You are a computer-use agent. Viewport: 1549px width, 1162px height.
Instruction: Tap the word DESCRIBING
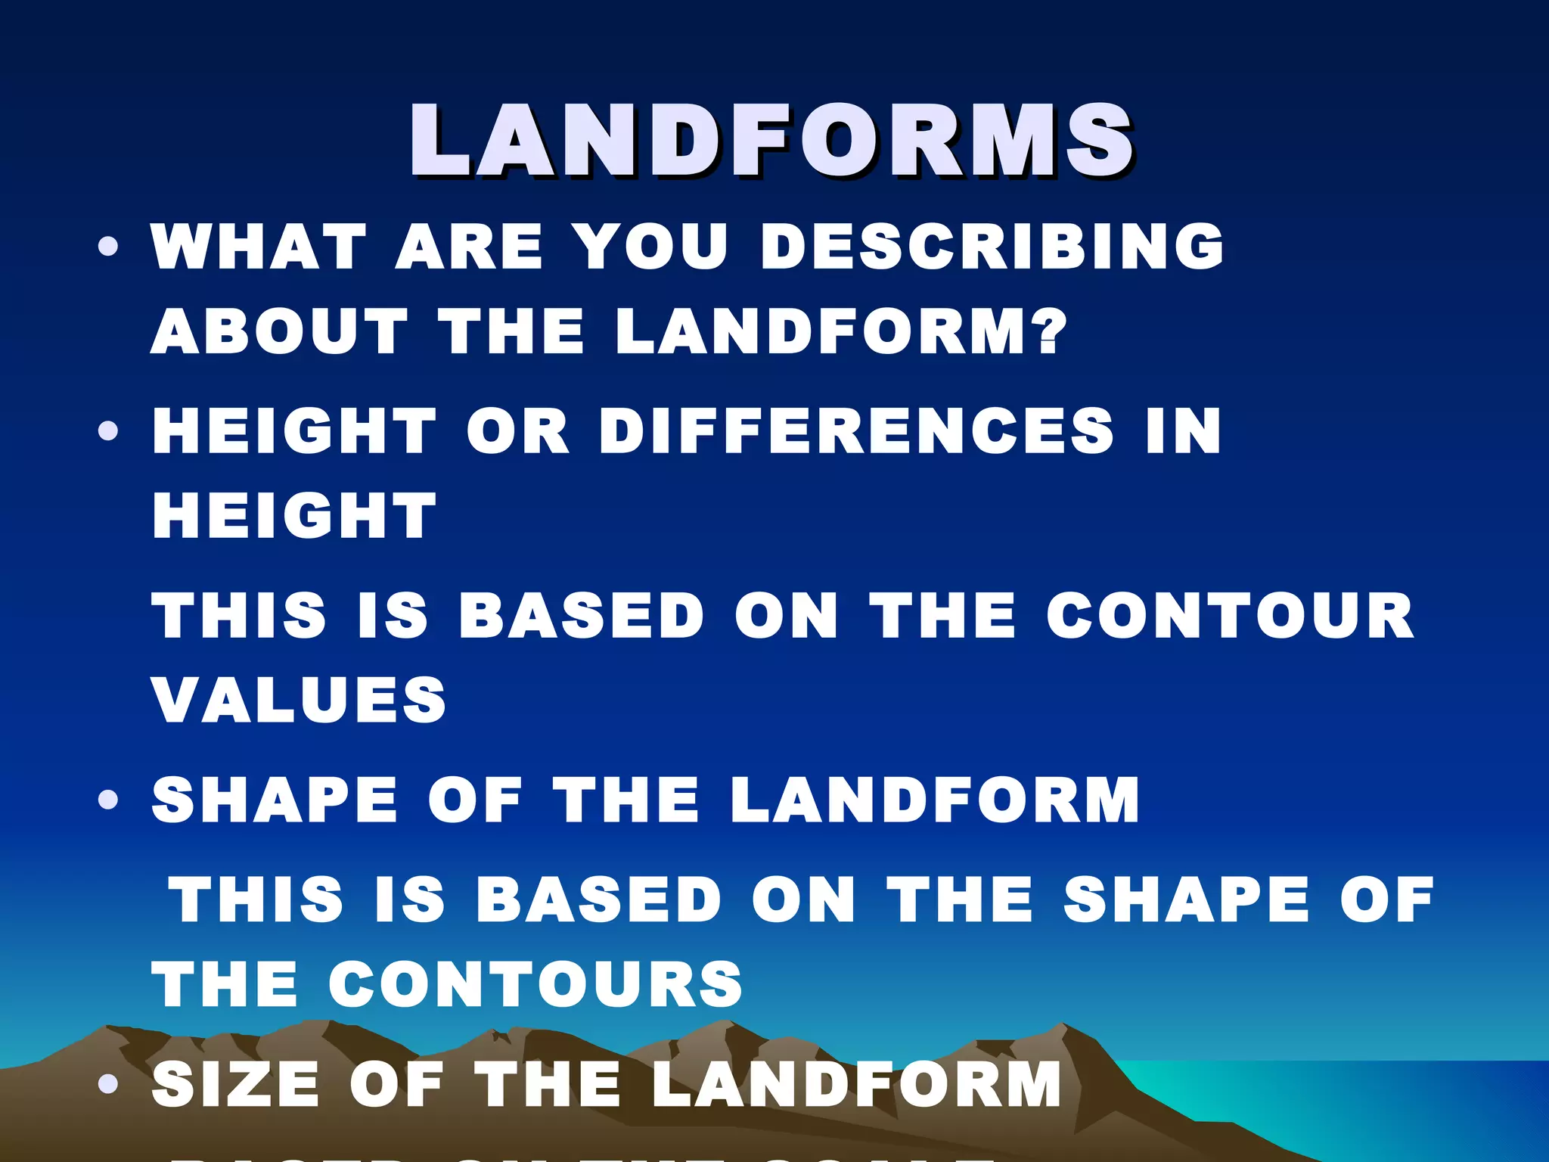pyautogui.click(x=992, y=247)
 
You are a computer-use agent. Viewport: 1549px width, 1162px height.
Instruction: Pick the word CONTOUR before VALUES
pyautogui.click(x=1230, y=615)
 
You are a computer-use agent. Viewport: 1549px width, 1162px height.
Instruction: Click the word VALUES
pyautogui.click(x=300, y=700)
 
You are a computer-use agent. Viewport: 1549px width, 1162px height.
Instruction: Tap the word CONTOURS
pyautogui.click(x=535, y=984)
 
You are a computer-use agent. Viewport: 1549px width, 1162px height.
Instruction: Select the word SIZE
pyautogui.click(x=235, y=1084)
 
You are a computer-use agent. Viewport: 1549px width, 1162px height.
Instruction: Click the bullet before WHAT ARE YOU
pyautogui.click(x=108, y=247)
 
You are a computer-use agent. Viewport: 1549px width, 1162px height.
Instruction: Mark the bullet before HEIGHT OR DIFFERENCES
pyautogui.click(x=108, y=431)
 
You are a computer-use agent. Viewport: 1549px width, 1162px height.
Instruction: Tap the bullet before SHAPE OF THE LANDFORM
pyautogui.click(x=108, y=800)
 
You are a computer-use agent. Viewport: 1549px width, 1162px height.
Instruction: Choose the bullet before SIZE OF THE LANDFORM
pyautogui.click(x=108, y=1084)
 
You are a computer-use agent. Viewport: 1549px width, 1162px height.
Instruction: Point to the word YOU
pyautogui.click(x=650, y=247)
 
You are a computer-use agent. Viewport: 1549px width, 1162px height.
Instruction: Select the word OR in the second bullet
pyautogui.click(x=517, y=431)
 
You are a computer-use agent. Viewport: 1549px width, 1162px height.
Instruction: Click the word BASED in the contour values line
pyautogui.click(x=582, y=615)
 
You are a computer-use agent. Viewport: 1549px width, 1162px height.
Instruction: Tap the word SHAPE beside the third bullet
pyautogui.click(x=275, y=800)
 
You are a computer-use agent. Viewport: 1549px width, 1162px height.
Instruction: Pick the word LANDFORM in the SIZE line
pyautogui.click(x=856, y=1084)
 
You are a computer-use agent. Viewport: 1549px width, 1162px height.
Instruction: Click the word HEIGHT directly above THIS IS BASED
pyautogui.click(x=295, y=516)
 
